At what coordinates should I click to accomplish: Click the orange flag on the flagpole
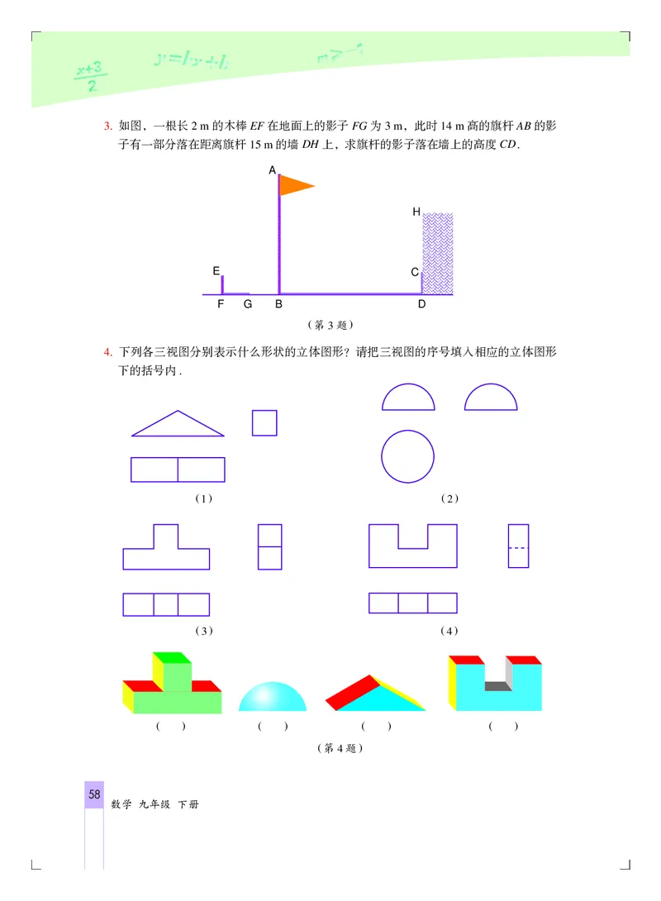click(x=293, y=185)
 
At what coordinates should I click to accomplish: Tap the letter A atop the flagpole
click(x=273, y=170)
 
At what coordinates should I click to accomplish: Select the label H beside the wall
click(x=416, y=212)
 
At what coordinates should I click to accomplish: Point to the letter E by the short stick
click(x=216, y=270)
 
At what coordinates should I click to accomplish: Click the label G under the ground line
click(x=246, y=305)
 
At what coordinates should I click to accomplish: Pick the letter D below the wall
click(x=421, y=305)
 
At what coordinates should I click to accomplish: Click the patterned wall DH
click(x=437, y=253)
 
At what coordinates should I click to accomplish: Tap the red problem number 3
click(x=107, y=126)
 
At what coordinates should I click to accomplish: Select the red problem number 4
click(x=107, y=353)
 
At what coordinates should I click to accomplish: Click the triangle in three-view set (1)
click(x=178, y=425)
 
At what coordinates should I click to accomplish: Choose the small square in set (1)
click(x=264, y=422)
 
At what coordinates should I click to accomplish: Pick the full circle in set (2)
click(x=408, y=456)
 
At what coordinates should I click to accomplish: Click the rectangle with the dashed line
click(x=518, y=546)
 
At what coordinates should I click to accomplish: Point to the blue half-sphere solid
click(x=272, y=698)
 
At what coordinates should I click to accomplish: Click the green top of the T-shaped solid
click(x=171, y=658)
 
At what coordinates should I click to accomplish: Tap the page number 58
click(x=94, y=795)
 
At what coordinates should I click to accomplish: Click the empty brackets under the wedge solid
click(x=376, y=727)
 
